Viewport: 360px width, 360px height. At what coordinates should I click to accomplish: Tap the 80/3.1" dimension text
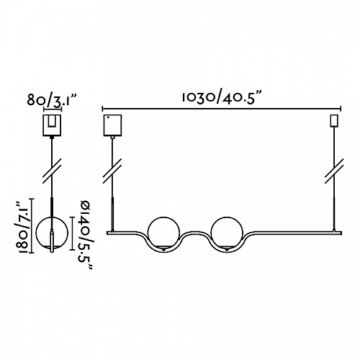pyautogui.click(x=52, y=100)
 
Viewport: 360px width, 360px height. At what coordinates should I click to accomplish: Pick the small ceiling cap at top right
pyautogui.click(x=334, y=121)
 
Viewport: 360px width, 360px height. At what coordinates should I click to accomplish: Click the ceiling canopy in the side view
pyautogui.click(x=52, y=125)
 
